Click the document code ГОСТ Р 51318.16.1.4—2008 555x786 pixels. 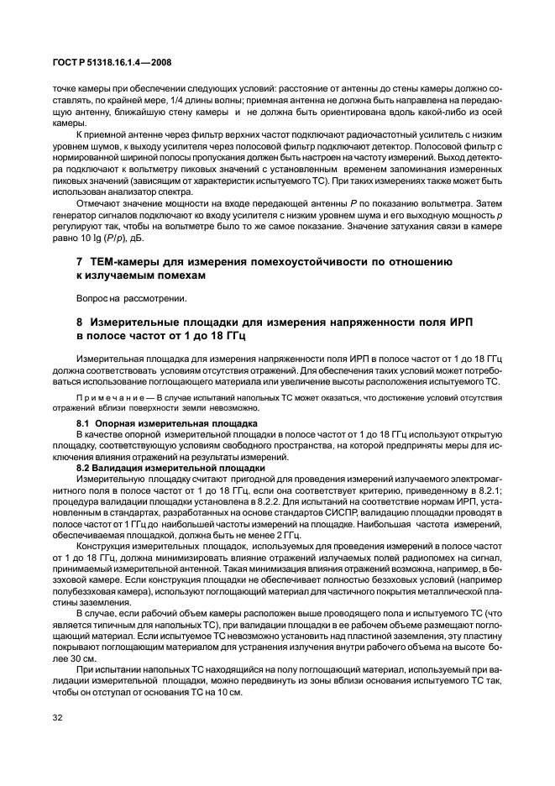112,63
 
